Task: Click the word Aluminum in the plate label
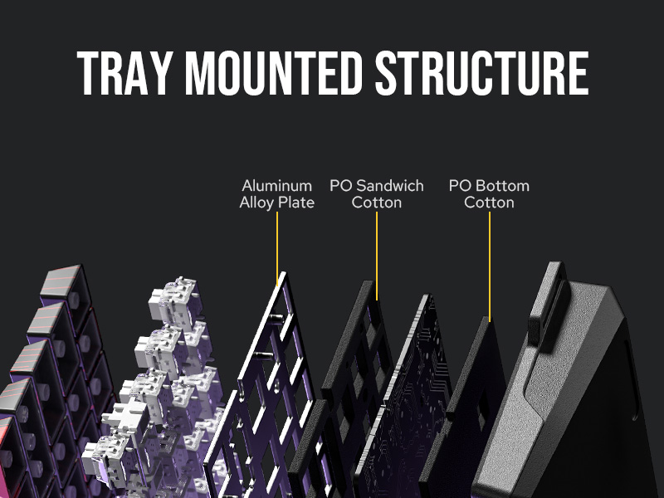277,186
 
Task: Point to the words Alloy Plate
277,203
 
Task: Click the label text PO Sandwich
377,186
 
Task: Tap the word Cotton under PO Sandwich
377,203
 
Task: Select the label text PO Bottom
489,186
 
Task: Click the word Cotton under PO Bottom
489,203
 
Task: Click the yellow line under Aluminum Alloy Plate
277,245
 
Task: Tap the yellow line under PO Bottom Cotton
489,266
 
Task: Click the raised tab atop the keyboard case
549,299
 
